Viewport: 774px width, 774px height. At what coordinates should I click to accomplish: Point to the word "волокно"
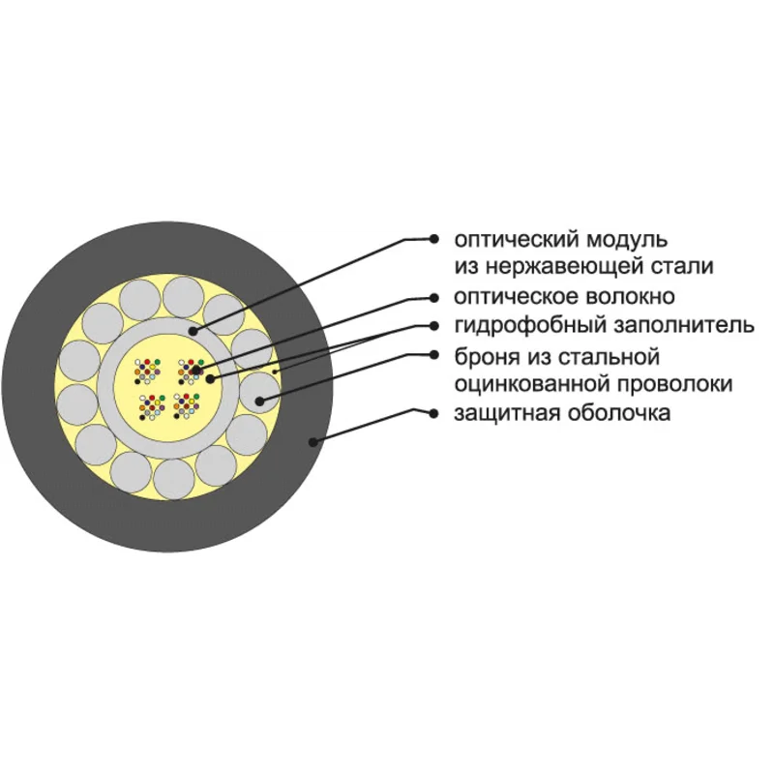(x=630, y=296)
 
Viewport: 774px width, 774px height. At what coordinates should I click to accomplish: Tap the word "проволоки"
(x=668, y=384)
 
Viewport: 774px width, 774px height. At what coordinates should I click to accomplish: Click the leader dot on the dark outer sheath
(x=312, y=442)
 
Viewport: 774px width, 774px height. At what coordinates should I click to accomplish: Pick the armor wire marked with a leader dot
(x=257, y=395)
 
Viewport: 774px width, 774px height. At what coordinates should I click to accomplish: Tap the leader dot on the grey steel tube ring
(x=191, y=330)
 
